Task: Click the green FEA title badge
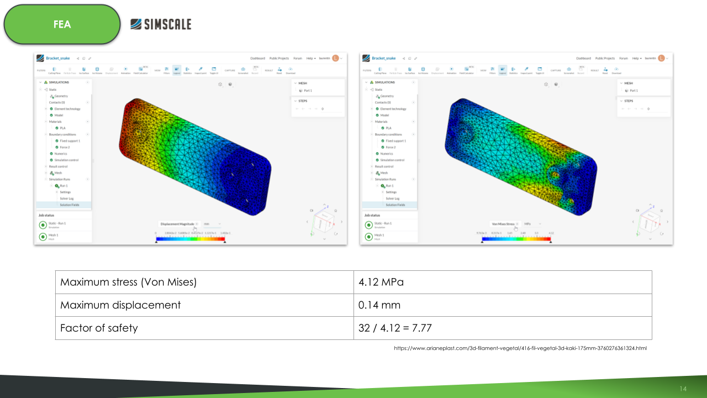[x=62, y=25]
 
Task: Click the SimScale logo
[x=161, y=24]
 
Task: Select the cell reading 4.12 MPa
[x=381, y=282]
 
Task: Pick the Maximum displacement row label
[x=120, y=305]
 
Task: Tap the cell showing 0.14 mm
[x=379, y=305]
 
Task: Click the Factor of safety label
[x=99, y=328]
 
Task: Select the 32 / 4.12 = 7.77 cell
[x=395, y=328]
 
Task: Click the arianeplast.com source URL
[x=520, y=348]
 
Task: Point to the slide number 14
[x=683, y=389]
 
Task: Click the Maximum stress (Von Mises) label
[x=128, y=282]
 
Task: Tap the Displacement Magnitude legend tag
[x=177, y=224]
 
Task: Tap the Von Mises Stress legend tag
[x=503, y=224]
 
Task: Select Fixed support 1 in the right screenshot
[x=396, y=141]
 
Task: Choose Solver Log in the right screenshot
[x=393, y=198]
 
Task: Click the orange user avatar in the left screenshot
[x=335, y=58]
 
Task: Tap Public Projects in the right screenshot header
[x=605, y=58]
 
